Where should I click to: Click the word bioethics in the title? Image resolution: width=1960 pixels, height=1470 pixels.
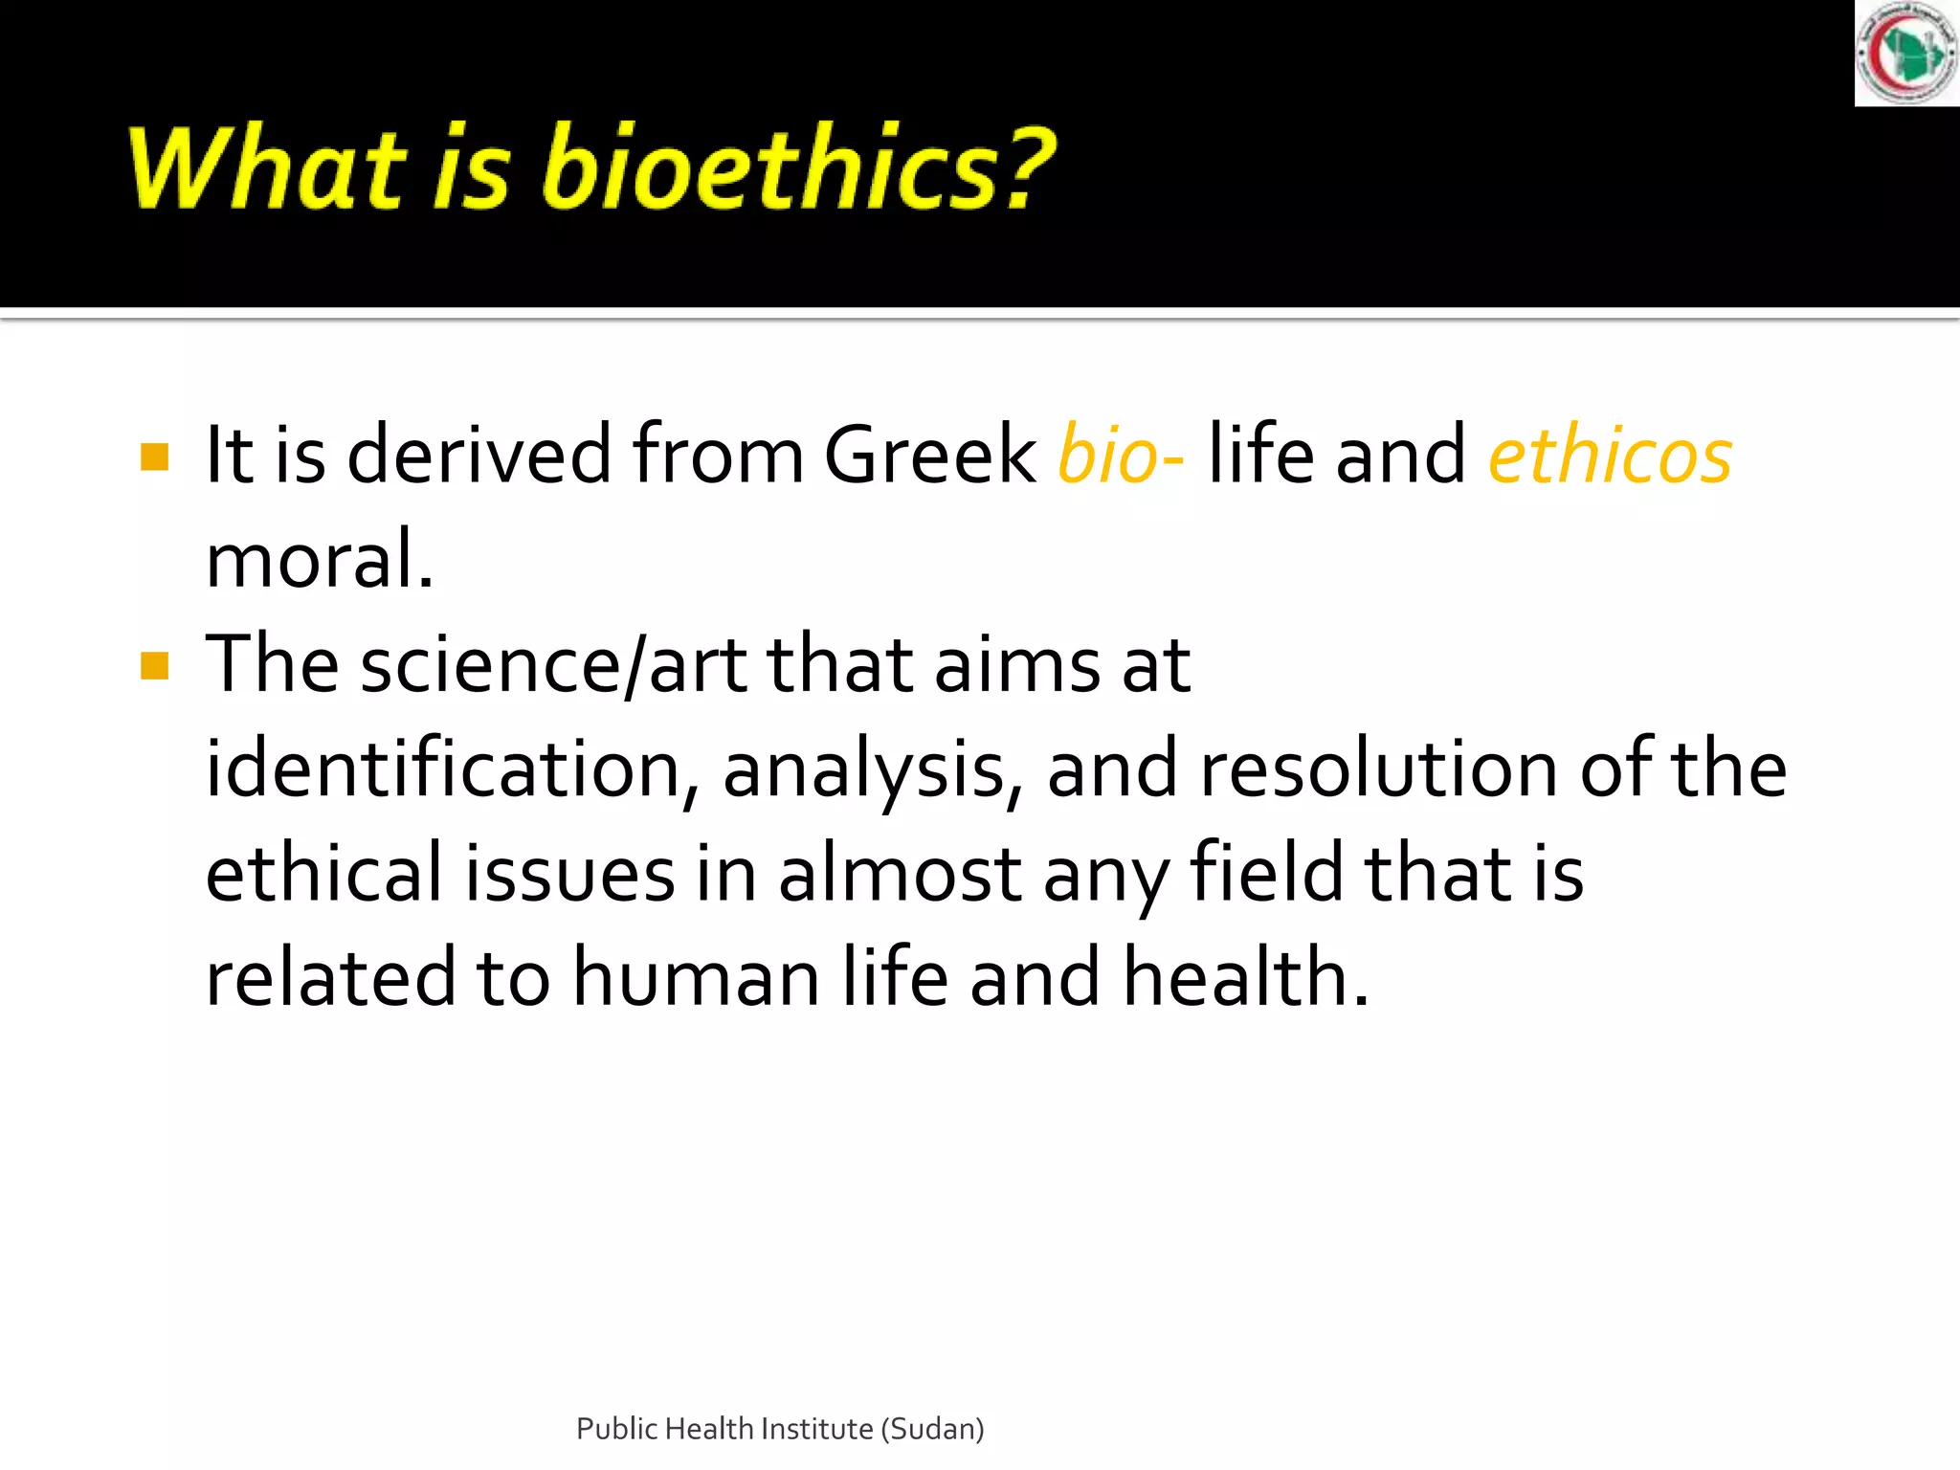(798, 167)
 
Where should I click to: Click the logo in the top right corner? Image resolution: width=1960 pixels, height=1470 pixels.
(1906, 53)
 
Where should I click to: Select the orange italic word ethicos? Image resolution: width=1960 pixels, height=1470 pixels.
(1610, 456)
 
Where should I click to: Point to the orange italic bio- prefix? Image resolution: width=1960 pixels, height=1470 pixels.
(1121, 456)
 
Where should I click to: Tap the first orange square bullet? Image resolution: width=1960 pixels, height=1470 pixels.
(154, 457)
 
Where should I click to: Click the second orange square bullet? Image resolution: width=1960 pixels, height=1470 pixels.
(154, 665)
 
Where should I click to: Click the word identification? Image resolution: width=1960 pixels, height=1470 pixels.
(443, 769)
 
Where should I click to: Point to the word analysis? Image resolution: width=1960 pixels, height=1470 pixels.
(864, 771)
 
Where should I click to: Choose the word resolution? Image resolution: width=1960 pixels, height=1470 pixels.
(1378, 769)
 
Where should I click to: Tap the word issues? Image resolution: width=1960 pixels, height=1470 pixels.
(569, 875)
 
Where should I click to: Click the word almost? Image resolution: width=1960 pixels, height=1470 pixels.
(900, 875)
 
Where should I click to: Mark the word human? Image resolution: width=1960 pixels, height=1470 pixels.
(697, 978)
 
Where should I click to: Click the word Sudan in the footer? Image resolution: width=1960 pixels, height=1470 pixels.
(933, 1429)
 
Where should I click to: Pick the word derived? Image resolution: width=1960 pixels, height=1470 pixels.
(479, 456)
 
